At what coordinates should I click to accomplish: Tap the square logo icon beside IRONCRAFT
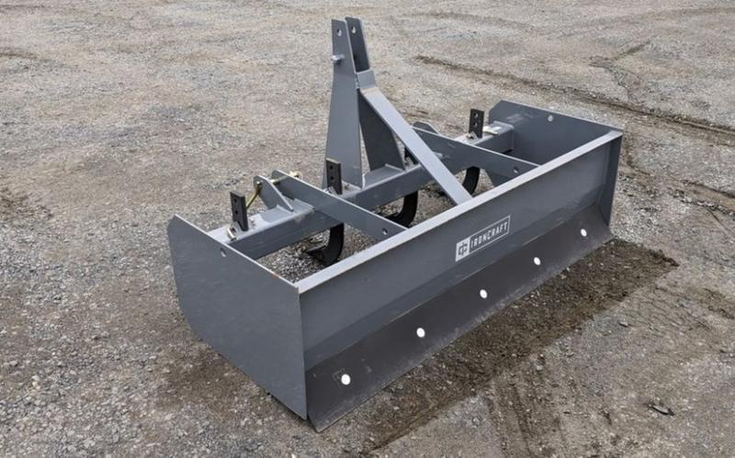[x=462, y=249]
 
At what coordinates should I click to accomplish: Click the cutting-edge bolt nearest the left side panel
[x=345, y=378]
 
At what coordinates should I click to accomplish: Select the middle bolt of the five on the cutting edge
[x=482, y=294]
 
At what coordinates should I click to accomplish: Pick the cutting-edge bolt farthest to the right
[x=582, y=233]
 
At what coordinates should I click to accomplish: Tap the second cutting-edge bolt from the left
[x=420, y=332]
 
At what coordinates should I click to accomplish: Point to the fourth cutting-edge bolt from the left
[x=537, y=261]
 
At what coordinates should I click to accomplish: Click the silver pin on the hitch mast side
[x=337, y=59]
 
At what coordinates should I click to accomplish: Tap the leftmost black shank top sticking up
[x=239, y=210]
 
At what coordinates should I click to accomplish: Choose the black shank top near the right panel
[x=476, y=122]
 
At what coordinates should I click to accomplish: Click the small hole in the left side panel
[x=221, y=250]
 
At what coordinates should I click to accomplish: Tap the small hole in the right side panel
[x=526, y=118]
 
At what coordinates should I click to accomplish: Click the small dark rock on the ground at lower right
[x=660, y=407]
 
